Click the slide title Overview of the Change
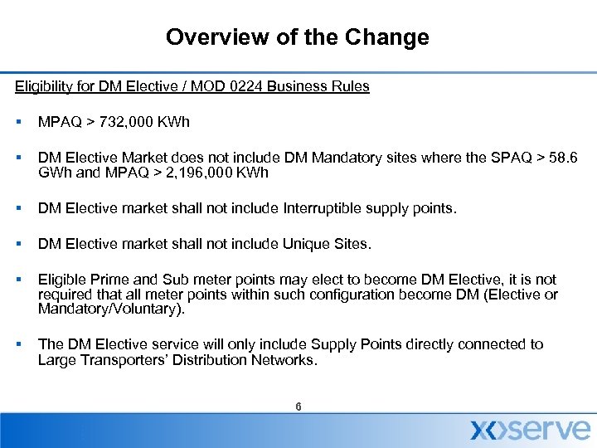point(297,37)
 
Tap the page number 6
point(298,407)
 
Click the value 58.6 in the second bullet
point(565,158)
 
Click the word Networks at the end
point(287,360)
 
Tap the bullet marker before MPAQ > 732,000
point(18,123)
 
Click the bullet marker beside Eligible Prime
point(18,280)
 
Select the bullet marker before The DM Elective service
point(18,344)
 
